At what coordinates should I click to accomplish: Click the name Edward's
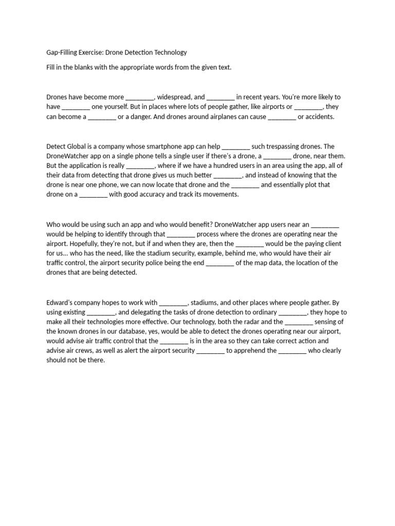[x=61, y=302]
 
